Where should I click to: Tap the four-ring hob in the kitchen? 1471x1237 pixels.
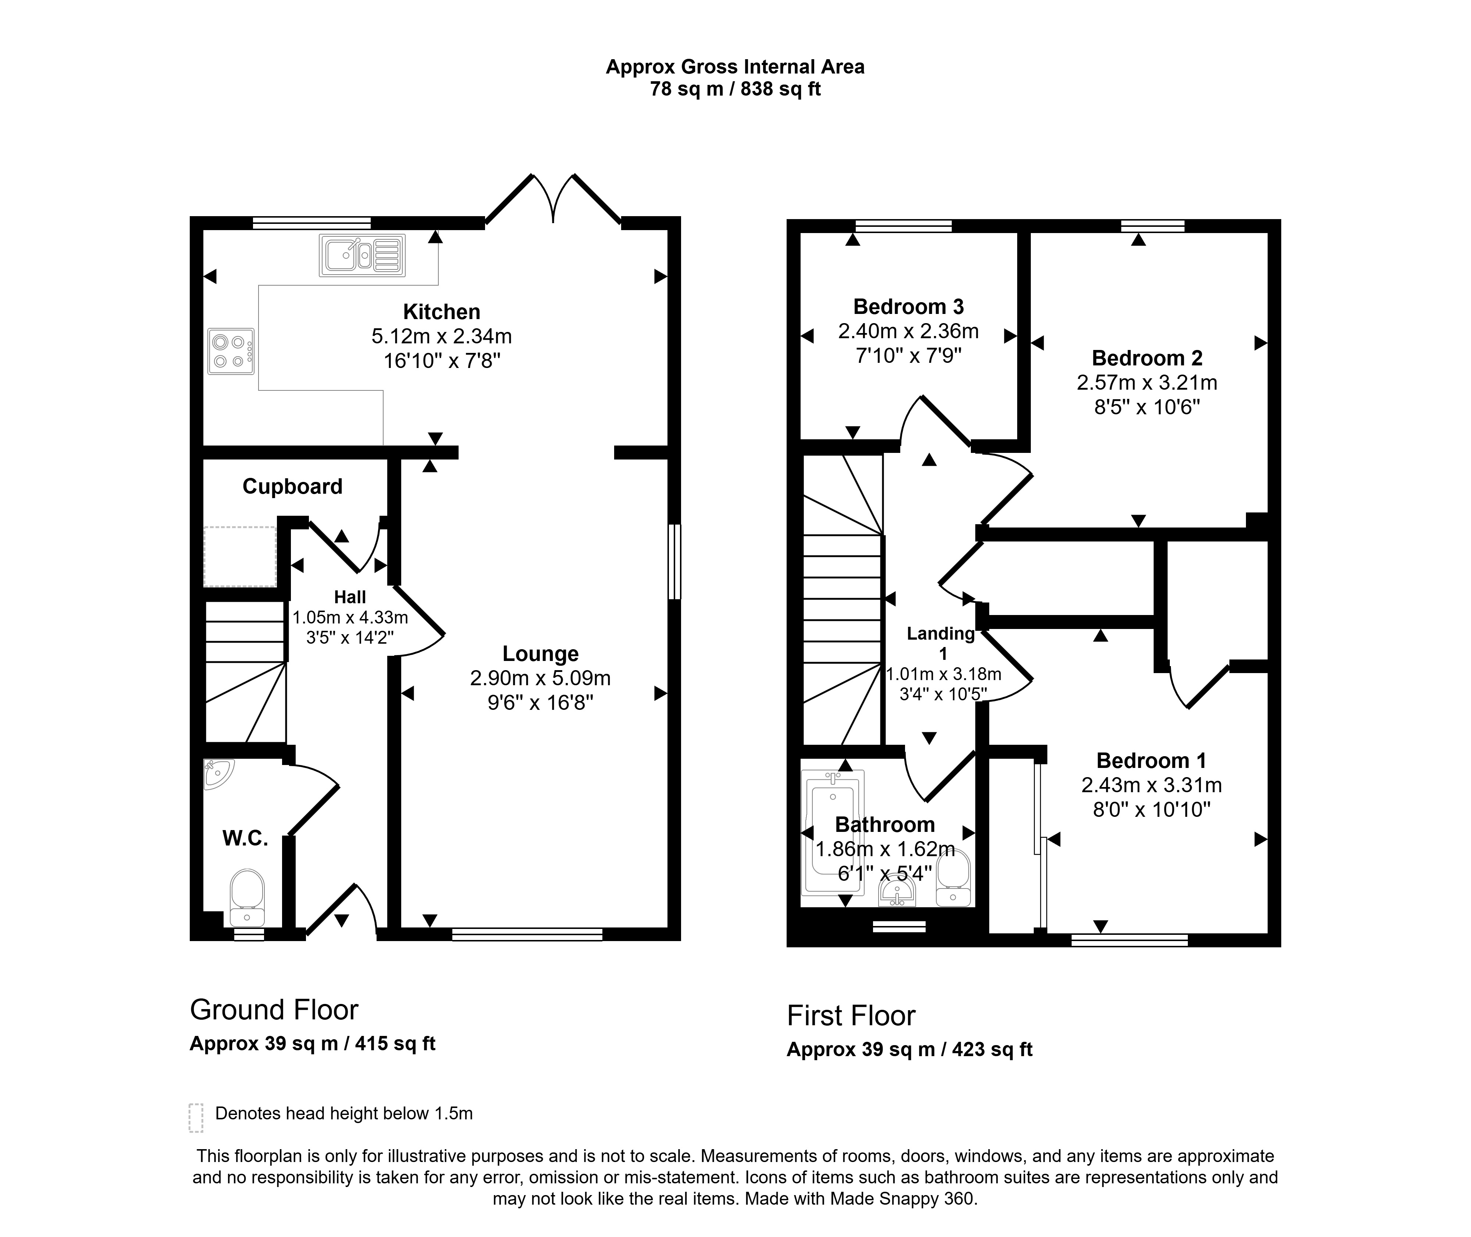pyautogui.click(x=231, y=351)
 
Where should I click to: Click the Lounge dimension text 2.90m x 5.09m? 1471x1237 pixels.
pyautogui.click(x=540, y=678)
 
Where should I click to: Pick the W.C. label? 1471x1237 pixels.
pyautogui.click(x=246, y=838)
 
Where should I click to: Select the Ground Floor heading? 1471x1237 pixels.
pyautogui.click(x=274, y=1010)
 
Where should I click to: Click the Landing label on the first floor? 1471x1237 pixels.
pyautogui.click(x=941, y=634)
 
